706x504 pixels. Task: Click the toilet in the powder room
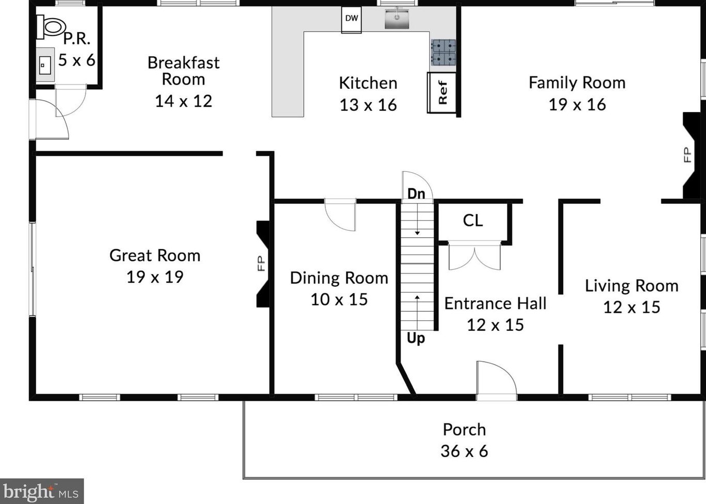coord(51,26)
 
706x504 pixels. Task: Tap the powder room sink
coord(45,65)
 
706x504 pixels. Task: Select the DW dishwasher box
coord(351,20)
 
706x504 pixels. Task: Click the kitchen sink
coord(397,19)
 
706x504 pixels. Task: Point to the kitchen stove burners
coord(443,53)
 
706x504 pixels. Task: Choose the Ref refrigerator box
coord(442,92)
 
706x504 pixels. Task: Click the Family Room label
coord(577,83)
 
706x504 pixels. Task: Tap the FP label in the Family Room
coord(687,155)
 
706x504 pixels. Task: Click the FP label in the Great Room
coord(261,264)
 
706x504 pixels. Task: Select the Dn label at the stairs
coord(416,193)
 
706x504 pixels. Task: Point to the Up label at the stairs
coord(416,338)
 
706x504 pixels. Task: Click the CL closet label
coord(473,220)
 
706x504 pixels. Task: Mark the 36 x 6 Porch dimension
coord(464,451)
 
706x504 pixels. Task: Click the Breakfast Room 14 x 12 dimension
coord(184,101)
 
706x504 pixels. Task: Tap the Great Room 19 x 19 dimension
coord(155,277)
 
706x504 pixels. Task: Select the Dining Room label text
coord(339,278)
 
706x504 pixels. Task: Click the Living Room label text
coord(632,286)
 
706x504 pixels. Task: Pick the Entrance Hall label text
coord(495,303)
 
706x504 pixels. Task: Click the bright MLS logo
coord(42,492)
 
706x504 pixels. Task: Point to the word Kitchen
coord(368,83)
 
